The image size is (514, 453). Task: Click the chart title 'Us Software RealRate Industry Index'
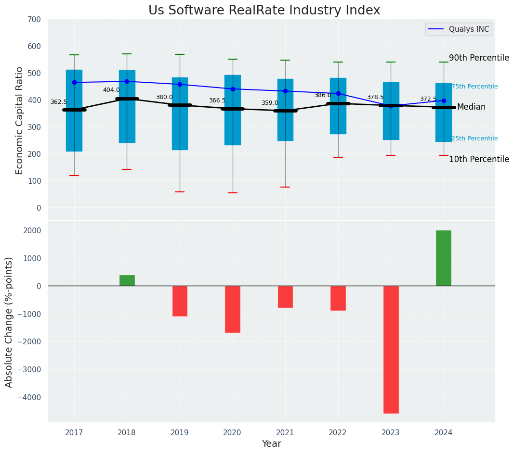264,11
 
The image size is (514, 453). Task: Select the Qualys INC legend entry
458,29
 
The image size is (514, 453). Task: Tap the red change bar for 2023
391,349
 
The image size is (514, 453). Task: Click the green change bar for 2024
443,258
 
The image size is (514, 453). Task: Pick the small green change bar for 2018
127,280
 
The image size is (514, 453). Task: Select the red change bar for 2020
233,309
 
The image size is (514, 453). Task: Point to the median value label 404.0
111,90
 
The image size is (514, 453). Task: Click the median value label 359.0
270,103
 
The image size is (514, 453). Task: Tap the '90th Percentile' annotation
479,58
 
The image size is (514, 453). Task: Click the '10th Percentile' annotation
479,159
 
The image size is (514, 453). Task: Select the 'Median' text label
471,107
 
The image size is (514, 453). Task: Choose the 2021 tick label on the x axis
285,433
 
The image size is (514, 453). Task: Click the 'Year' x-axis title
271,444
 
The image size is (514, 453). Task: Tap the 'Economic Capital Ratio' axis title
19,120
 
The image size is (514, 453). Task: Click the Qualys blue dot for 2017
74,82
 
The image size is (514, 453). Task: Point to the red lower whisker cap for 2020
233,193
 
